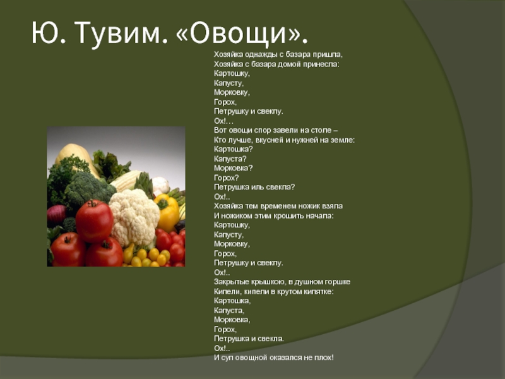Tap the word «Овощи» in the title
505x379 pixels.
(242, 33)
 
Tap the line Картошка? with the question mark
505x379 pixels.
(233, 149)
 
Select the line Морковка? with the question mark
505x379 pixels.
(233, 168)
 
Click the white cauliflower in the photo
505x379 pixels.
(134, 217)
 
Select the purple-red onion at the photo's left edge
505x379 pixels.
(56, 215)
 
